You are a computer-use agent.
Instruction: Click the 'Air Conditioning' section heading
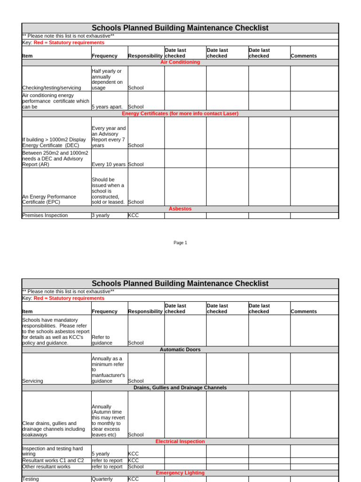(180, 62)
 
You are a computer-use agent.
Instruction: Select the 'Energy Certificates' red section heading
(180, 113)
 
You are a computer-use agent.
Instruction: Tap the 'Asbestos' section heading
(180, 209)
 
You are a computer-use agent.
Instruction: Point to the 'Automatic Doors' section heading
(180, 350)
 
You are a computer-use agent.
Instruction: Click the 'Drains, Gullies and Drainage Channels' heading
(180, 388)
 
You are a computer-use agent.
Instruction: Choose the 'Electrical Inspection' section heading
(180, 442)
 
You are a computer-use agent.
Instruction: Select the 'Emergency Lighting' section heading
(180, 473)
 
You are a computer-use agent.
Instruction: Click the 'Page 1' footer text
(180, 243)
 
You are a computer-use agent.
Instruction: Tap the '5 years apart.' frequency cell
(109, 107)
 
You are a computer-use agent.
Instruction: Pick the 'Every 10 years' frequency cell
(109, 164)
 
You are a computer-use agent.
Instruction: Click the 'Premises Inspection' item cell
(45, 215)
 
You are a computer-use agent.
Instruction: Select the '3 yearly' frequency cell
(101, 215)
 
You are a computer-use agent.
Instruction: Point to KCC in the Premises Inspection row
(133, 215)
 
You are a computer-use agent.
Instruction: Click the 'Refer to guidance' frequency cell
(102, 340)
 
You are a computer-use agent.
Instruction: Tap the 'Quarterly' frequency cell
(102, 479)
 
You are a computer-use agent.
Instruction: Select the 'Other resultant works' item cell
(46, 466)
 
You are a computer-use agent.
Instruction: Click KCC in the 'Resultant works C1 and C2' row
(133, 460)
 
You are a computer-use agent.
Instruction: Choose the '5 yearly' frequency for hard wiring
(101, 454)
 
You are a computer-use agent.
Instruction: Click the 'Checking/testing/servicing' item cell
(52, 88)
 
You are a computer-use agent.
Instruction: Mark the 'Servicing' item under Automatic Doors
(32, 381)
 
